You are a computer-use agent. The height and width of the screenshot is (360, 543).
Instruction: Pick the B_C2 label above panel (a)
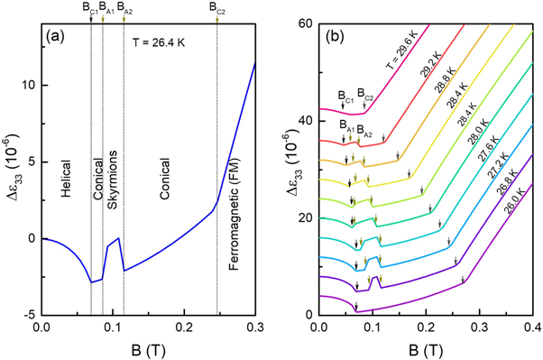pos(217,8)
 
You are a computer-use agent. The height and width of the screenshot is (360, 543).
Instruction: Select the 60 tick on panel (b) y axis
pos(304,22)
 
